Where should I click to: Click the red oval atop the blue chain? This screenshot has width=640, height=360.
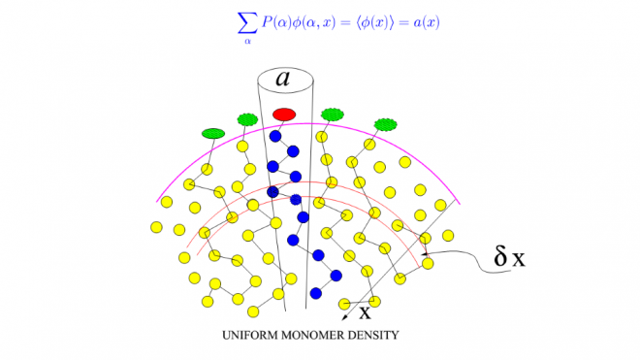284,115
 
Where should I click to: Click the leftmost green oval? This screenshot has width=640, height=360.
212,133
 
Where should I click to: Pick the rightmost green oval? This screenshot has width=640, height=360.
386,123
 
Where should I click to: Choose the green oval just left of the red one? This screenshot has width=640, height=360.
247,119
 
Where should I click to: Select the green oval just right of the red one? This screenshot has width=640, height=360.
334,114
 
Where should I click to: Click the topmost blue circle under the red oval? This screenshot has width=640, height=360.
275,136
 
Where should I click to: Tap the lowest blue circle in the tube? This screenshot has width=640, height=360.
315,292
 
